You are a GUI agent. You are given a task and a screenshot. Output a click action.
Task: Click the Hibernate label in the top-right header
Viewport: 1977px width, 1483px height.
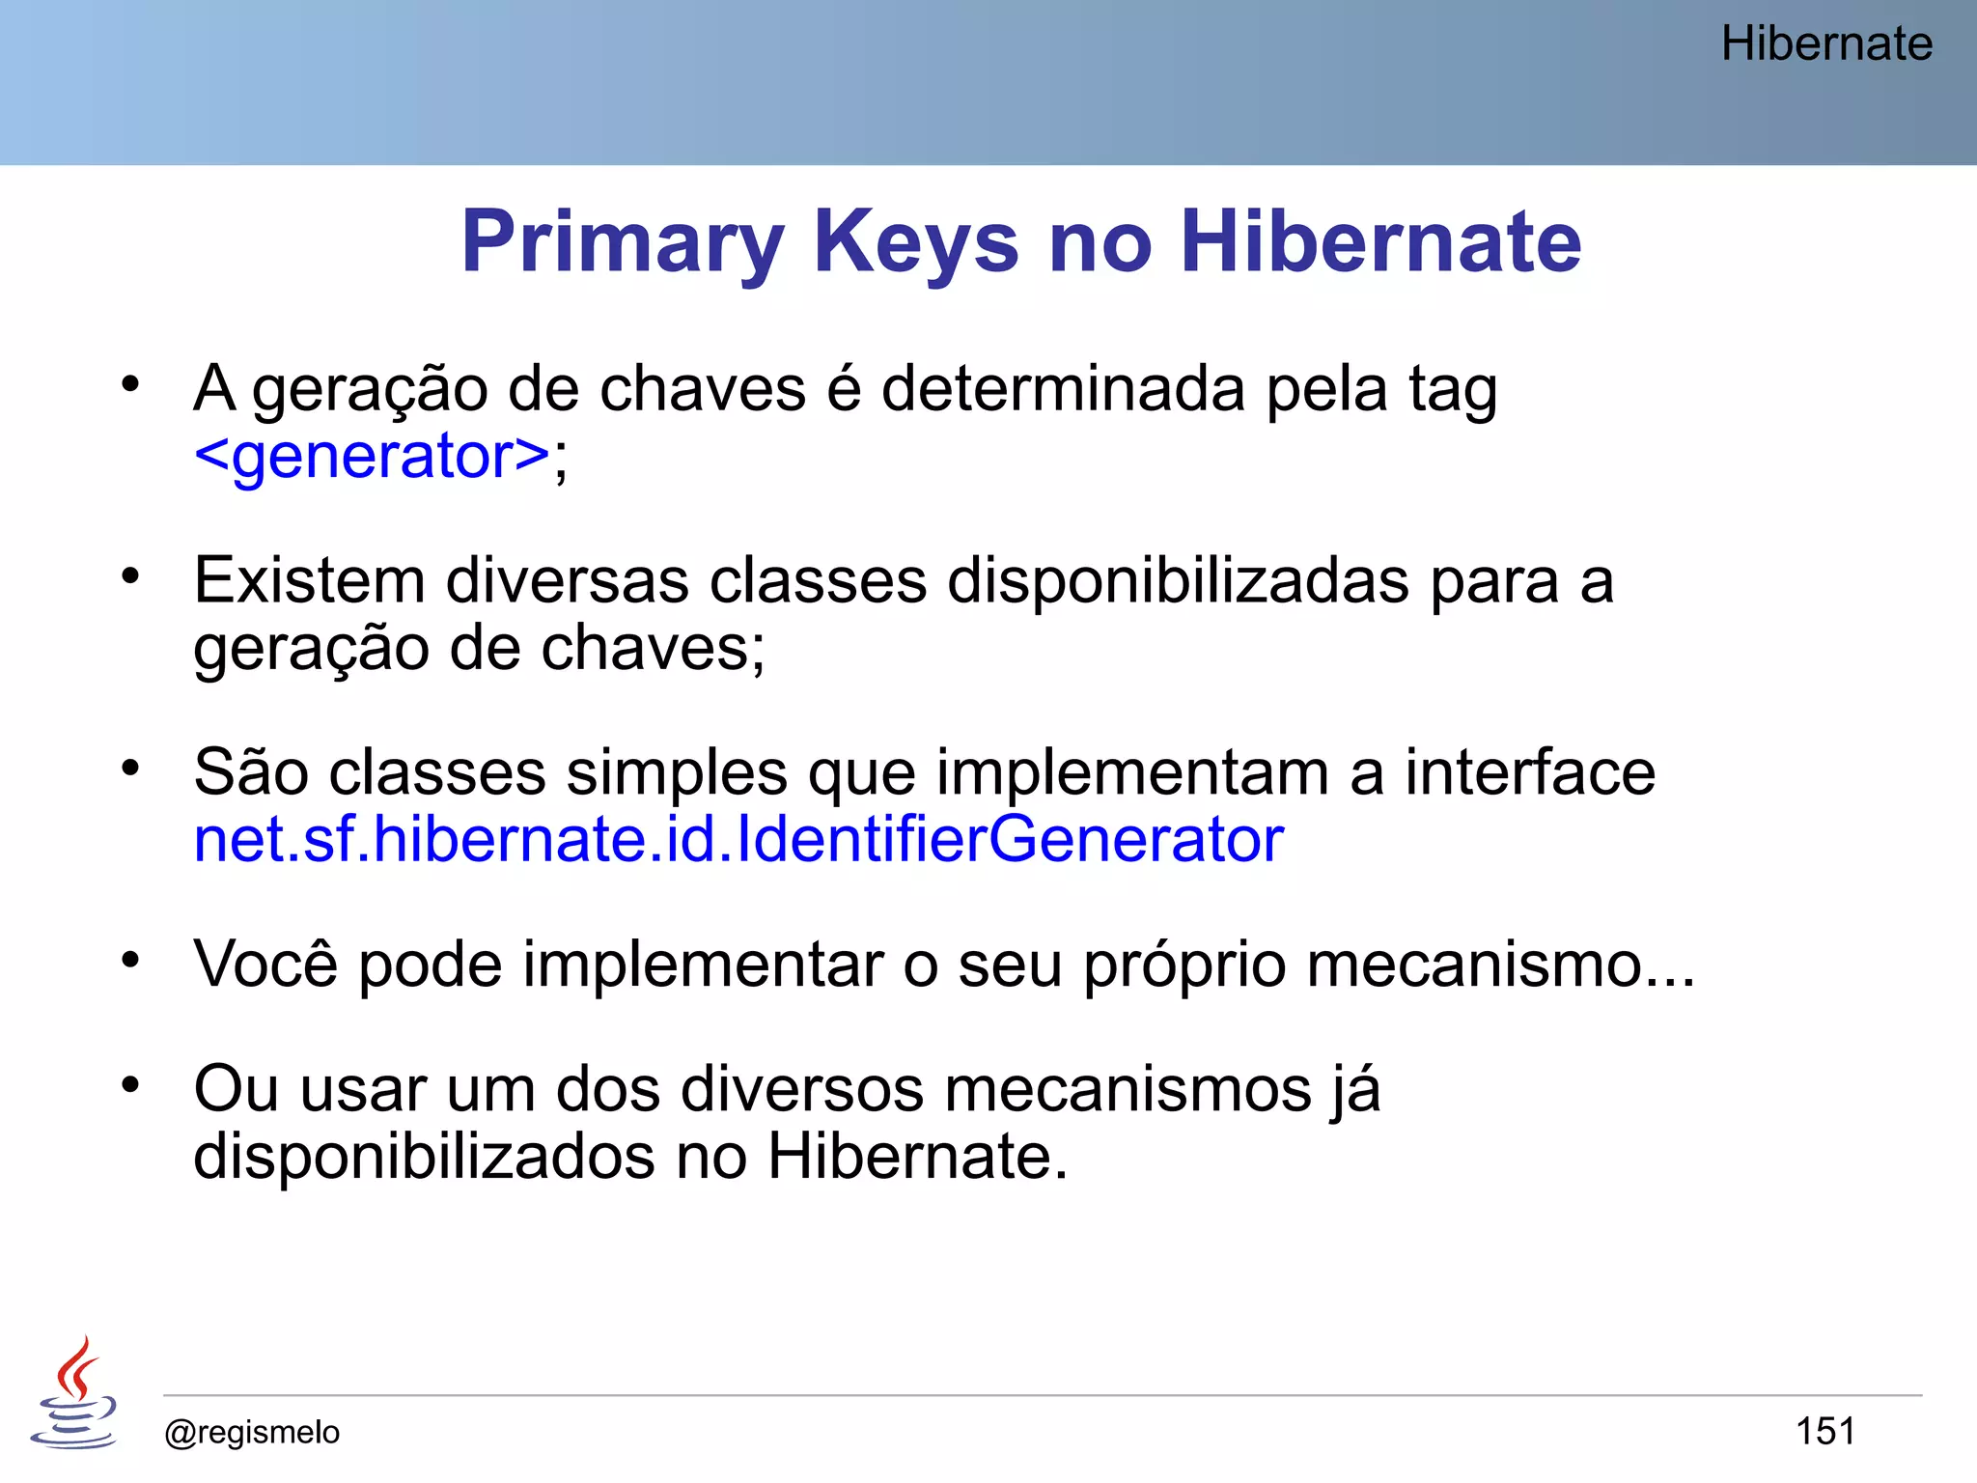click(1826, 44)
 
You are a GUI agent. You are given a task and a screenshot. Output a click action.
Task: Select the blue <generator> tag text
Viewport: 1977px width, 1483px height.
click(372, 456)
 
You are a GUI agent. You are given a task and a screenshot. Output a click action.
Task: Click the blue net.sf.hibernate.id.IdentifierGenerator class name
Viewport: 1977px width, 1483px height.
click(738, 839)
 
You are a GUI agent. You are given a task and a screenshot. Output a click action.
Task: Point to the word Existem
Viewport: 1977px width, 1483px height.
click(309, 581)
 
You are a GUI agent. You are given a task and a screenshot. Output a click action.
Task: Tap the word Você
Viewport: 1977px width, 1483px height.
click(265, 964)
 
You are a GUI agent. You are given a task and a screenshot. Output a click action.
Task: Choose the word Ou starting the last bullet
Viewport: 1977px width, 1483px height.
click(236, 1089)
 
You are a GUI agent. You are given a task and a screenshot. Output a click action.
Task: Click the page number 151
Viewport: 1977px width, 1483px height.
click(1824, 1431)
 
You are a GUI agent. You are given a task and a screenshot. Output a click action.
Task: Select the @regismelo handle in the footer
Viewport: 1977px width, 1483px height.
click(252, 1432)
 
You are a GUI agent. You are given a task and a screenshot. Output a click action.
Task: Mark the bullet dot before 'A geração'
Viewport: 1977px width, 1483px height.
click(130, 385)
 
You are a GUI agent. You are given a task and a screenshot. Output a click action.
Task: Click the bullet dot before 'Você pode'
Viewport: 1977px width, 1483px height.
click(130, 961)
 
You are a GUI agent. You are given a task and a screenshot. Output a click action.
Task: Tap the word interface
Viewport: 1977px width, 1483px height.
click(1529, 772)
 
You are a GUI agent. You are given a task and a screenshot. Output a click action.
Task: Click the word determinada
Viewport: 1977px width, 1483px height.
click(1062, 389)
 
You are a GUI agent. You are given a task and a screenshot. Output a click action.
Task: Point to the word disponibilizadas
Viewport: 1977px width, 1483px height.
click(1178, 581)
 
